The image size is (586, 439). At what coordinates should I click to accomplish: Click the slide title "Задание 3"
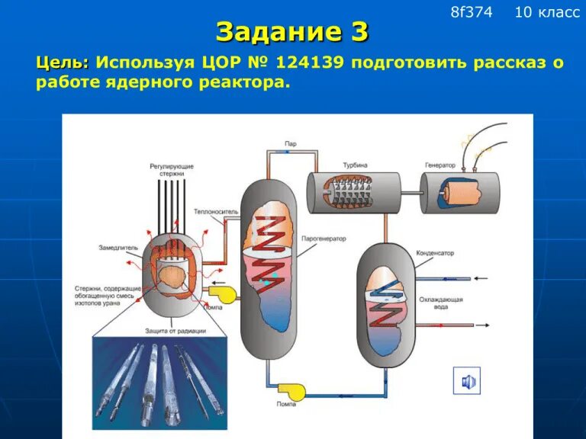pyautogui.click(x=292, y=32)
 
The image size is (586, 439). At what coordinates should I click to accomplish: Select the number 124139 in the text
pyautogui.click(x=309, y=62)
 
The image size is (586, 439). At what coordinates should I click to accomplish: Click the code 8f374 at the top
pyautogui.click(x=472, y=12)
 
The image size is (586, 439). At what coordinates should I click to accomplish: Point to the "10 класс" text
pyautogui.click(x=547, y=12)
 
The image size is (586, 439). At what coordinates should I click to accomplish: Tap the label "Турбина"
pyautogui.click(x=354, y=165)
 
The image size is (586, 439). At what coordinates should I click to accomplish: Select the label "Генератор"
pyautogui.click(x=440, y=165)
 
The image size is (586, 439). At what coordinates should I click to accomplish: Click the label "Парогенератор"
pyautogui.click(x=324, y=239)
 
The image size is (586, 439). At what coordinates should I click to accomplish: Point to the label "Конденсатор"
pyautogui.click(x=436, y=252)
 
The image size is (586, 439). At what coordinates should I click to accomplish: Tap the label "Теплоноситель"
pyautogui.click(x=216, y=211)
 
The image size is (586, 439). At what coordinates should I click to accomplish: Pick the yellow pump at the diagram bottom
pyautogui.click(x=291, y=392)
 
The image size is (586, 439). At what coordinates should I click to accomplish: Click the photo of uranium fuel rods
pyautogui.click(x=159, y=379)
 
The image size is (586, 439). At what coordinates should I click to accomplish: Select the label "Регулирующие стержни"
pyautogui.click(x=172, y=169)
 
